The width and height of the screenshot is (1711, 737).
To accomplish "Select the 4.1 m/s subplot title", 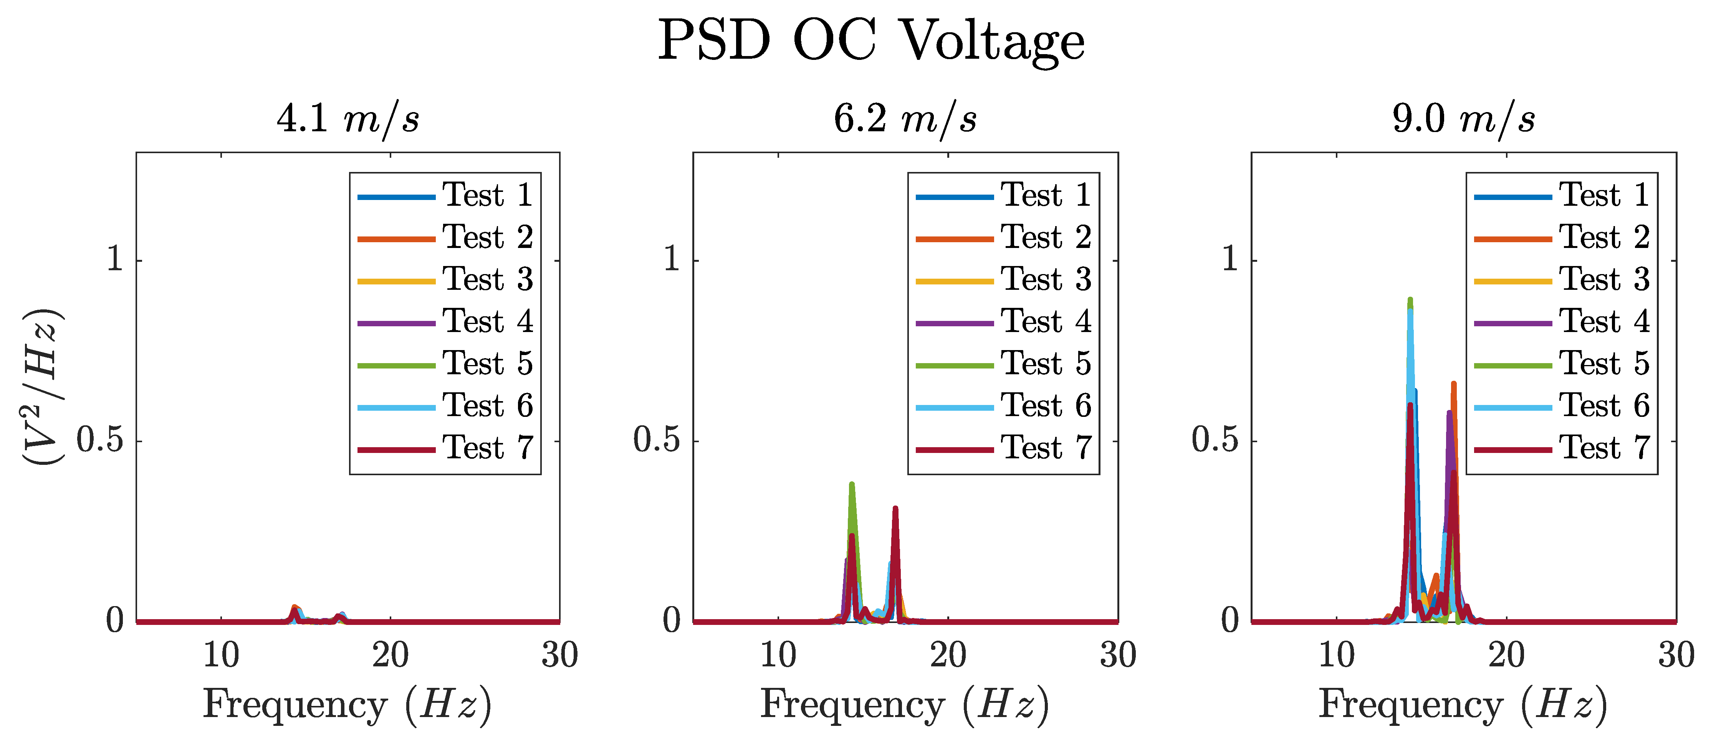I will [348, 119].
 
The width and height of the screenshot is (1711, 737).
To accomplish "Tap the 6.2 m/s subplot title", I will [905, 119].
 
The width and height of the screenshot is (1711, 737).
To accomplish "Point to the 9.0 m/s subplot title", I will [1464, 119].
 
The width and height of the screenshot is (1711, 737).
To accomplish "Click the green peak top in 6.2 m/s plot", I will [852, 485].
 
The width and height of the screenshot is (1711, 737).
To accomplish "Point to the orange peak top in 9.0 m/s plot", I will [1454, 384].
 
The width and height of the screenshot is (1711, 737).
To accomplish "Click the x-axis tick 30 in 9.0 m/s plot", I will [1676, 655].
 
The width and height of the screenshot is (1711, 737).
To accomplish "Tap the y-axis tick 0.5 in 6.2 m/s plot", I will [656, 440].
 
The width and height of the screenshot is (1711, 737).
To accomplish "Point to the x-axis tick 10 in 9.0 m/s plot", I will [1336, 655].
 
